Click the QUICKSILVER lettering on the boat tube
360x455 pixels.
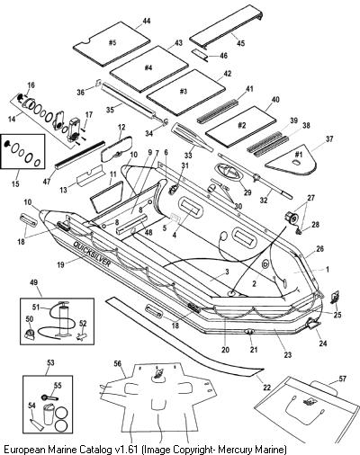(x=92, y=254)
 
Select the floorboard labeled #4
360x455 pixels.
(x=148, y=68)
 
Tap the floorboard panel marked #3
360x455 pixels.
(x=185, y=92)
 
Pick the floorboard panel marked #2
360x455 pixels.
(x=241, y=126)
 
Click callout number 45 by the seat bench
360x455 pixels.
(x=241, y=43)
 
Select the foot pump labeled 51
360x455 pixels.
(x=64, y=317)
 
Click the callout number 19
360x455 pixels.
(x=60, y=265)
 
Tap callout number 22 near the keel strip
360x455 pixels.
(x=266, y=388)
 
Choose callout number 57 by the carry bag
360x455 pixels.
(x=342, y=379)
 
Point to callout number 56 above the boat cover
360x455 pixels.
(x=117, y=363)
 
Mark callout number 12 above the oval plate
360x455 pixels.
(x=121, y=128)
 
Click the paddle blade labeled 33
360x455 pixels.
(x=192, y=137)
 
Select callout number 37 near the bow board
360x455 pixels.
(x=329, y=138)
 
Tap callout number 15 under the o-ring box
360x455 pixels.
(x=15, y=183)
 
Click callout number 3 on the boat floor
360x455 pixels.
(x=227, y=272)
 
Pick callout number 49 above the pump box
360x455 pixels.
(x=34, y=282)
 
